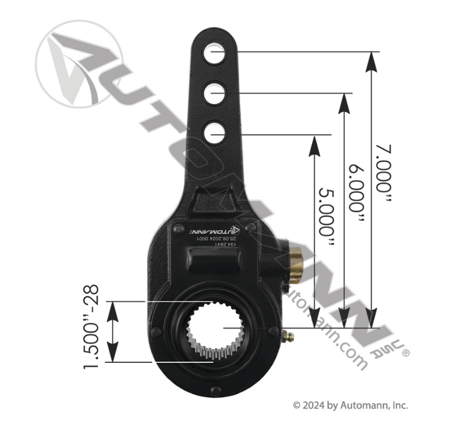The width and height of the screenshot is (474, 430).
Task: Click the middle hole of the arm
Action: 214,93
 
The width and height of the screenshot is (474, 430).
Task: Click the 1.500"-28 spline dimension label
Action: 91,326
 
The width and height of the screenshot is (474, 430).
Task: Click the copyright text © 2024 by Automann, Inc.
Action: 350,406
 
